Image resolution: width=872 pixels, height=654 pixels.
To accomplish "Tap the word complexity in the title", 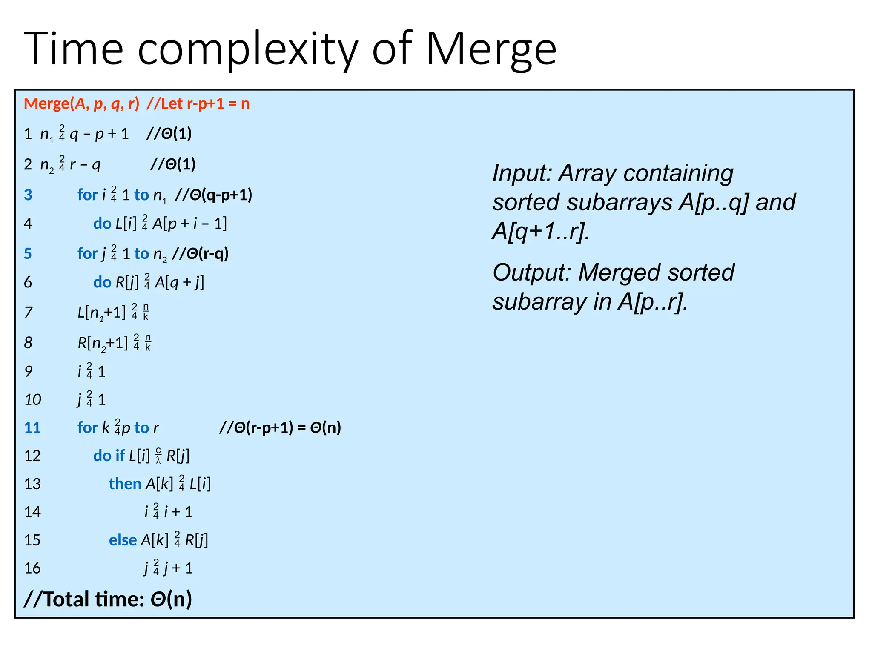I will pos(248,50).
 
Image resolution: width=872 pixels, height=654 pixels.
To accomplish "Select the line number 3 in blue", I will pos(28,195).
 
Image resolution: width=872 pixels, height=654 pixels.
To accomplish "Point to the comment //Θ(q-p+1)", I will pos(214,195).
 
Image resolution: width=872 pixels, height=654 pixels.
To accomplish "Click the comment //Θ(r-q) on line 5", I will pos(200,254).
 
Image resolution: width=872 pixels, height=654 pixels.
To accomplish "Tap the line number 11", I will pos(32,427).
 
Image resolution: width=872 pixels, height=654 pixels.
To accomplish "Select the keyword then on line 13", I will pos(125,484).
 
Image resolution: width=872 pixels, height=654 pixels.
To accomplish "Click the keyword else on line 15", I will pos(123,540).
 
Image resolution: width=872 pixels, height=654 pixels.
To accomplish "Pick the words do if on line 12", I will pos(109,456).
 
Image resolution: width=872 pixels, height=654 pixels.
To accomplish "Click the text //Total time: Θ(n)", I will pos(108,599).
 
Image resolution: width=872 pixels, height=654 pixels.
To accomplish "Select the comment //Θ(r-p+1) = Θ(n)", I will pos(280,427).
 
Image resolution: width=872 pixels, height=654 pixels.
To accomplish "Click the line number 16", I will pos(32,568).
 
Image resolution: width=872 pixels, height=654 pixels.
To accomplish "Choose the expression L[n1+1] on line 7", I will pos(102,313).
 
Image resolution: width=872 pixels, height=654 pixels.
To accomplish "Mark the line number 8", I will pos(28,343).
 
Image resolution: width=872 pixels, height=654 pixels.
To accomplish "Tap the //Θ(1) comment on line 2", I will pos(173,164).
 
